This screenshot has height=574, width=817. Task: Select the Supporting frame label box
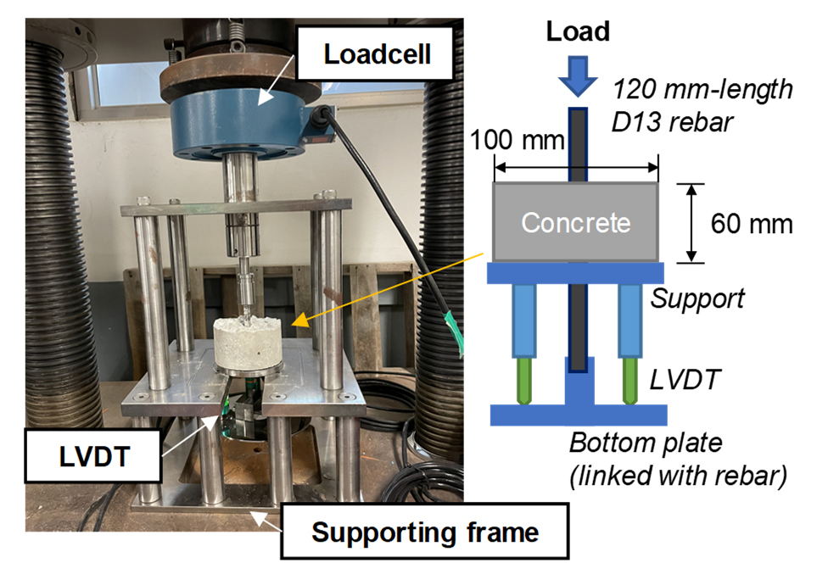(425, 532)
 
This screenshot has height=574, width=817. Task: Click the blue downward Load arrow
(577, 77)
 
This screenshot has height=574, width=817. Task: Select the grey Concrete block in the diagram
(576, 222)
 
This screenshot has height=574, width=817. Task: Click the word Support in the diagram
(698, 298)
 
